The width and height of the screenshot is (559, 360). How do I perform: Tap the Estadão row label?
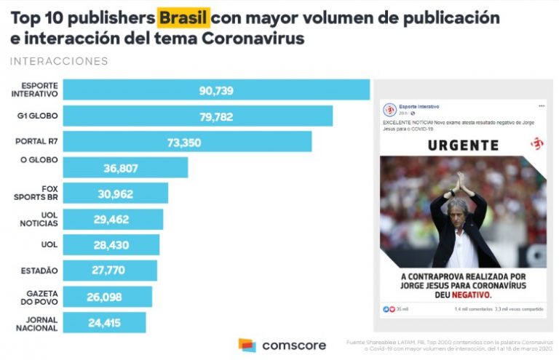coord(40,271)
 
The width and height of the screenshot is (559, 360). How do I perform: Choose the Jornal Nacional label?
coord(37,323)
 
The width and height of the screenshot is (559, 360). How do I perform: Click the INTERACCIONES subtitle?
coord(59,61)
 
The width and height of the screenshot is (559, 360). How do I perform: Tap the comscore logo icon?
coord(247,345)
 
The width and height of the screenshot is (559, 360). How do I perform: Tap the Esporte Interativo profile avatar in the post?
coord(389,110)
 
